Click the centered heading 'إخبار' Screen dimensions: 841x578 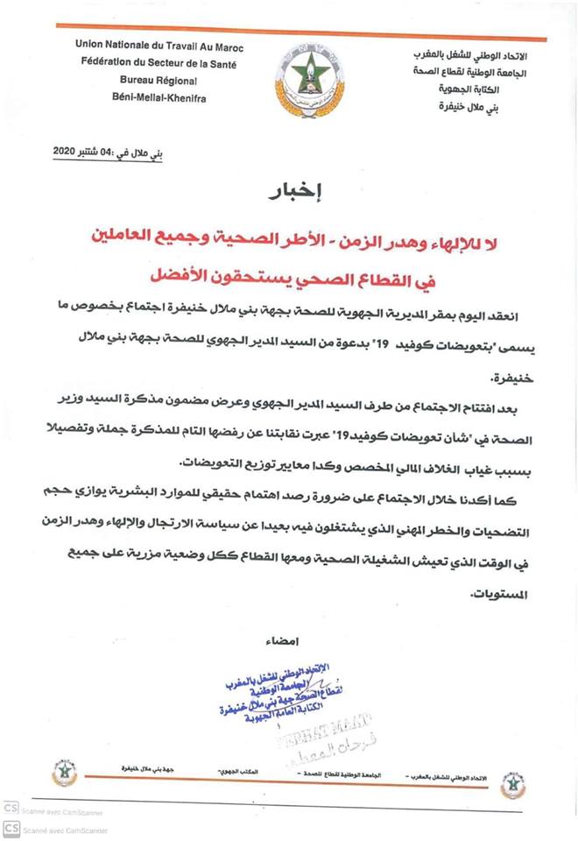pyautogui.click(x=292, y=194)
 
